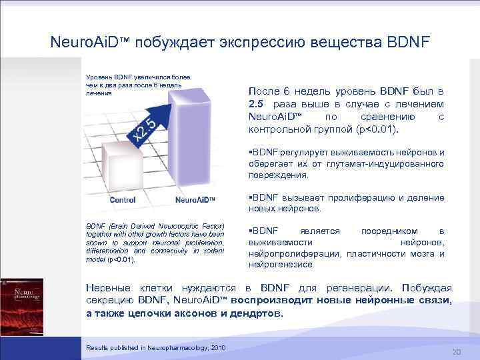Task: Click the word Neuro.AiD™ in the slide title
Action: (x=90, y=43)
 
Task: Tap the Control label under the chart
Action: (x=122, y=199)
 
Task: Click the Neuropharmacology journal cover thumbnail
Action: (x=21, y=306)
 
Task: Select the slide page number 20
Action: (x=457, y=352)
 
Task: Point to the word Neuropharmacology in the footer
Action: (x=175, y=347)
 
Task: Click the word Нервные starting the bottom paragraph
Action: (x=108, y=288)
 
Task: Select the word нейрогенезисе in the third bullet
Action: (x=280, y=265)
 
